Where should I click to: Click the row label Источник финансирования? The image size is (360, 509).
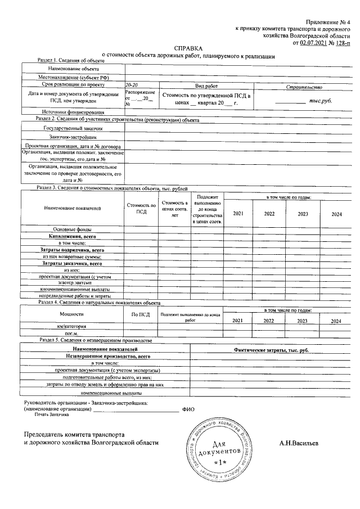click(x=70, y=112)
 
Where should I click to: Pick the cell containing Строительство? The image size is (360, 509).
click(x=303, y=87)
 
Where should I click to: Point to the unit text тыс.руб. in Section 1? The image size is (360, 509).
click(x=321, y=101)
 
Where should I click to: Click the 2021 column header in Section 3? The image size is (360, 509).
click(x=238, y=214)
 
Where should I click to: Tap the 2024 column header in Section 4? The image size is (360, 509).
click(x=336, y=321)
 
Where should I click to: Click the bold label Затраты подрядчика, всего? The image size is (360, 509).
click(x=73, y=249)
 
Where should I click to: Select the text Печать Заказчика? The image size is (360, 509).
click(x=51, y=415)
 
